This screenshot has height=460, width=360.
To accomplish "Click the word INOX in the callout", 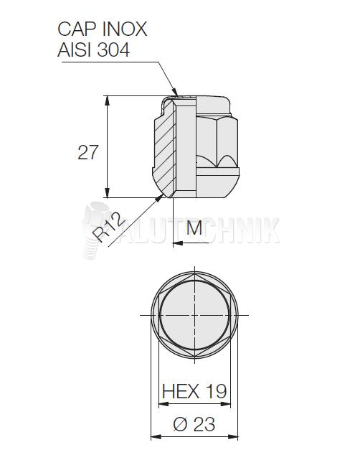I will pyautogui.click(x=124, y=29).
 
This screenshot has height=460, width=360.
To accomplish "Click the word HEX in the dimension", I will pyautogui.click(x=179, y=391).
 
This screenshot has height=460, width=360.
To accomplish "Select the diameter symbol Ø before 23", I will pyautogui.click(x=180, y=424).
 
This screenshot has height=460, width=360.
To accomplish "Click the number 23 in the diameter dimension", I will pyautogui.click(x=204, y=424).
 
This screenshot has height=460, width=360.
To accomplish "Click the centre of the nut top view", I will pyautogui.click(x=195, y=316).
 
